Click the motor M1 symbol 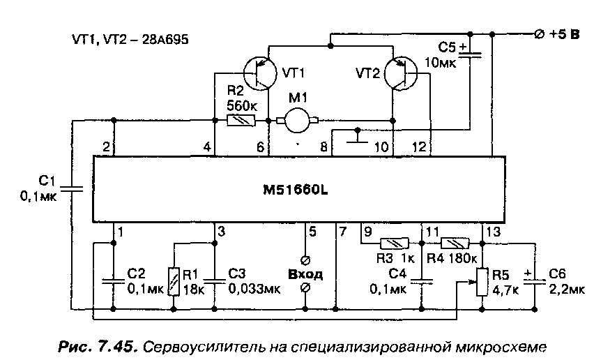tap(298, 121)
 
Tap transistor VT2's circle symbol tap(401, 73)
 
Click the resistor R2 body tap(241, 121)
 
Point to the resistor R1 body tap(173, 282)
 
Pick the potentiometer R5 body tap(482, 282)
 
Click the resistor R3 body tap(395, 243)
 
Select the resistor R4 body tap(455, 243)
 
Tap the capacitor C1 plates tap(71, 188)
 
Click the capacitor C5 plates tap(470, 55)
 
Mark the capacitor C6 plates tap(535, 282)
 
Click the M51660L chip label tap(296, 190)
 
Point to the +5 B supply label tap(565, 34)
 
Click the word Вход tap(305, 274)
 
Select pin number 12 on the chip tap(419, 147)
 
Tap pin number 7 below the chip tap(342, 232)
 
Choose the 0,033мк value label tap(254, 289)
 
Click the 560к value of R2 tap(242, 105)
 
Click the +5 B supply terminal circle tap(539, 34)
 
